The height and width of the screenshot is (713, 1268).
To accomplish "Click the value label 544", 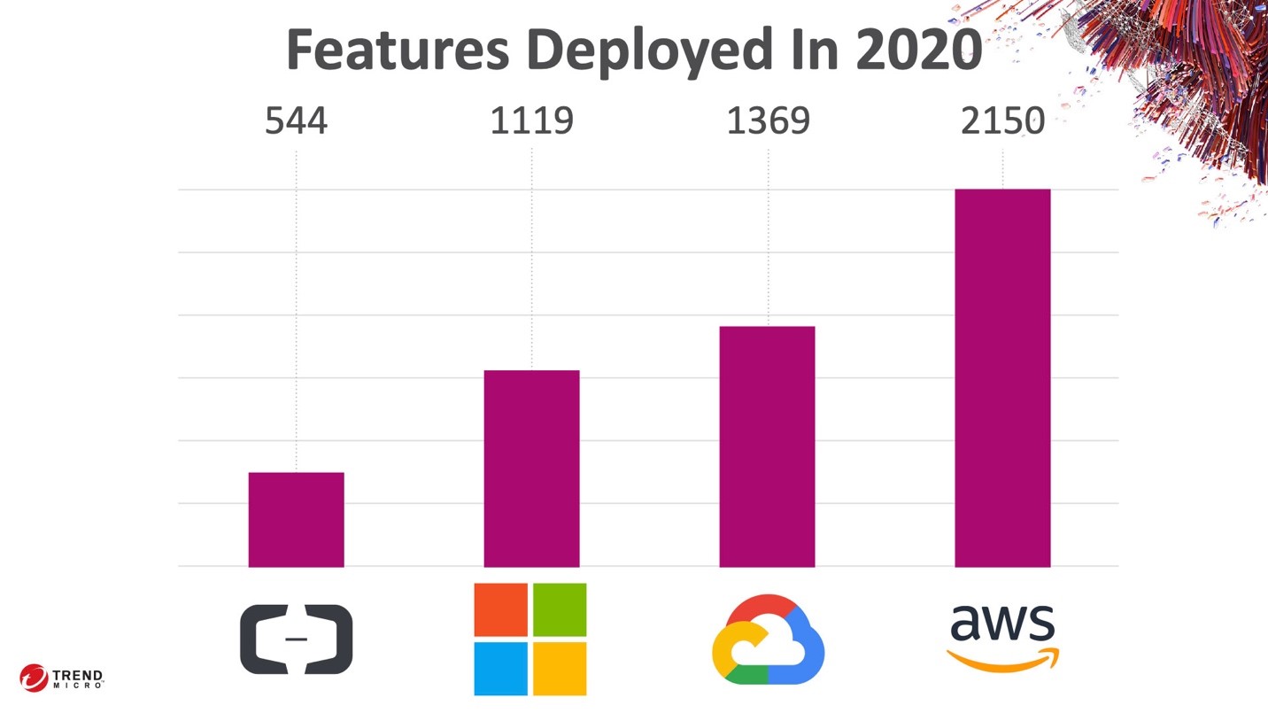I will pyautogui.click(x=296, y=120).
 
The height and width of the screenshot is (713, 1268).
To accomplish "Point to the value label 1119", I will pyautogui.click(x=531, y=120).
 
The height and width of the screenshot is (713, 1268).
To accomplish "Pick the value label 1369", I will pyautogui.click(x=768, y=120).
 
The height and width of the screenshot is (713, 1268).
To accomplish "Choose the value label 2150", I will pyautogui.click(x=1002, y=120).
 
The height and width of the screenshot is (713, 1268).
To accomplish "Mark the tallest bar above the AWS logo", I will pyautogui.click(x=1002, y=377).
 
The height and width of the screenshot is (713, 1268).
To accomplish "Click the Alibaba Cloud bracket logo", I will pyautogui.click(x=296, y=639).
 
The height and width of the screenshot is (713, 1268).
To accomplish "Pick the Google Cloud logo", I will pyautogui.click(x=768, y=639).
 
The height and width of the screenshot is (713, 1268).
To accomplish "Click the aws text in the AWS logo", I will pyautogui.click(x=1002, y=624).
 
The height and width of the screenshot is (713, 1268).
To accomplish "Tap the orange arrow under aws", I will pyautogui.click(x=1002, y=662).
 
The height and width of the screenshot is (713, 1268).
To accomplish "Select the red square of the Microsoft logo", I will pyautogui.click(x=500, y=609).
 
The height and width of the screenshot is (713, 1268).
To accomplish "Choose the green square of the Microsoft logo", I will pyautogui.click(x=560, y=609).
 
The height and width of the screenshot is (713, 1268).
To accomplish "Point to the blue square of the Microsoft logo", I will pyautogui.click(x=500, y=669).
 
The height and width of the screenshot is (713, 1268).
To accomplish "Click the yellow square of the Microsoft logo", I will pyautogui.click(x=560, y=669).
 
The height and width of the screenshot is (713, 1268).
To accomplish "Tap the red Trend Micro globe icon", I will pyautogui.click(x=34, y=678).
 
